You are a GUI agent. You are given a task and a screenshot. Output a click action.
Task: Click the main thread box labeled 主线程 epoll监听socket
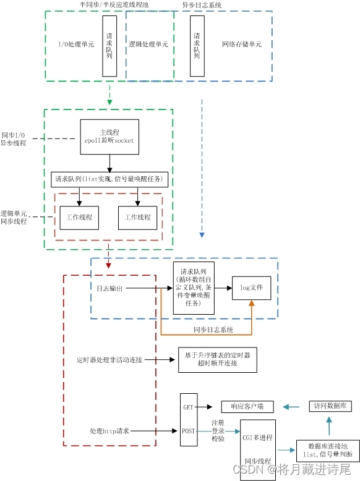pos(109,136)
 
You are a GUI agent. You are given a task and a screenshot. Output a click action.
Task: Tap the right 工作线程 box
pos(137,218)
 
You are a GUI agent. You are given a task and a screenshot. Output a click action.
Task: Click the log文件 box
pos(251,287)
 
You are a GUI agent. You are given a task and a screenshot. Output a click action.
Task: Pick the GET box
pos(189,407)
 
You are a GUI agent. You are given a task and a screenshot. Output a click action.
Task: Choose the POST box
pos(189,431)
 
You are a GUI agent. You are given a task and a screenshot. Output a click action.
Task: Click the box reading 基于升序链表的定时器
pos(217,359)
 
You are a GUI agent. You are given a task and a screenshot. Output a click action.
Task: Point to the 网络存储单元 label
pos(241,45)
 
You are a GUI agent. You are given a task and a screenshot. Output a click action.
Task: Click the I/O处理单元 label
pos(77,45)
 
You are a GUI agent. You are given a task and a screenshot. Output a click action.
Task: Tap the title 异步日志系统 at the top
pos(202,5)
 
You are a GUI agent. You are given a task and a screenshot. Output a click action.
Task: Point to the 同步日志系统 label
pos(213,330)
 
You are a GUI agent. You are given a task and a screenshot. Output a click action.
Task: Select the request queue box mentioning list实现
pos(109,179)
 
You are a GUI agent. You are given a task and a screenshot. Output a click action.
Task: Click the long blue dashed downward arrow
pos(201,167)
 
